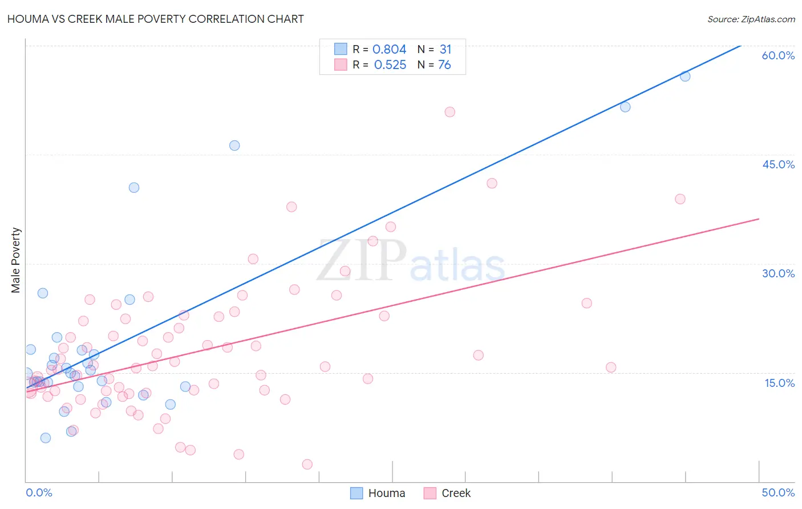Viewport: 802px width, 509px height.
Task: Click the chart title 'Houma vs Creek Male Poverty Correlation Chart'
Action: pos(155,19)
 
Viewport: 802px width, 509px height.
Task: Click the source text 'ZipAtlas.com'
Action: pos(768,19)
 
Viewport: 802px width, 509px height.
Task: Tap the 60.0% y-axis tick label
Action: pos(778,55)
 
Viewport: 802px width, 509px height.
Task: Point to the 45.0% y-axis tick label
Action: pos(778,164)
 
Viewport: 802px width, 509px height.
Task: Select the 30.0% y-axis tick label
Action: pos(778,273)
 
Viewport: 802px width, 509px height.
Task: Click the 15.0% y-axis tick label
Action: pos(779,383)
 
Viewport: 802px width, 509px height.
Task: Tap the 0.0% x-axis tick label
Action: pos(39,492)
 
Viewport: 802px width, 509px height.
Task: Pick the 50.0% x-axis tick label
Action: pos(778,492)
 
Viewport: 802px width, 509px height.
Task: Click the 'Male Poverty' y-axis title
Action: pos(16,260)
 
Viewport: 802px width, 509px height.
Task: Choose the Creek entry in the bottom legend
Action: pos(447,493)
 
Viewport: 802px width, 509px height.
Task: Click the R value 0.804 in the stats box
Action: pos(389,50)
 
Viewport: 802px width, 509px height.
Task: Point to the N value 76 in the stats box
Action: pos(444,65)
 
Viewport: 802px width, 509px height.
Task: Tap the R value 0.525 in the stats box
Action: pos(390,65)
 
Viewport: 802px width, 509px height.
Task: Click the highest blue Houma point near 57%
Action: pos(685,76)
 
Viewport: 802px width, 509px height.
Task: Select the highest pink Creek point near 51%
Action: pos(449,112)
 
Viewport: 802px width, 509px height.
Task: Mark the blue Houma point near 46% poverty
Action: pos(234,146)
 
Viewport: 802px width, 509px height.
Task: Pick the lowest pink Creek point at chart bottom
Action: pos(307,464)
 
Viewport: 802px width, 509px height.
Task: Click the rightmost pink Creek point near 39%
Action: pos(680,199)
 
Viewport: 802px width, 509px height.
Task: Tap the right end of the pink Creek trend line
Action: pos(759,219)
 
